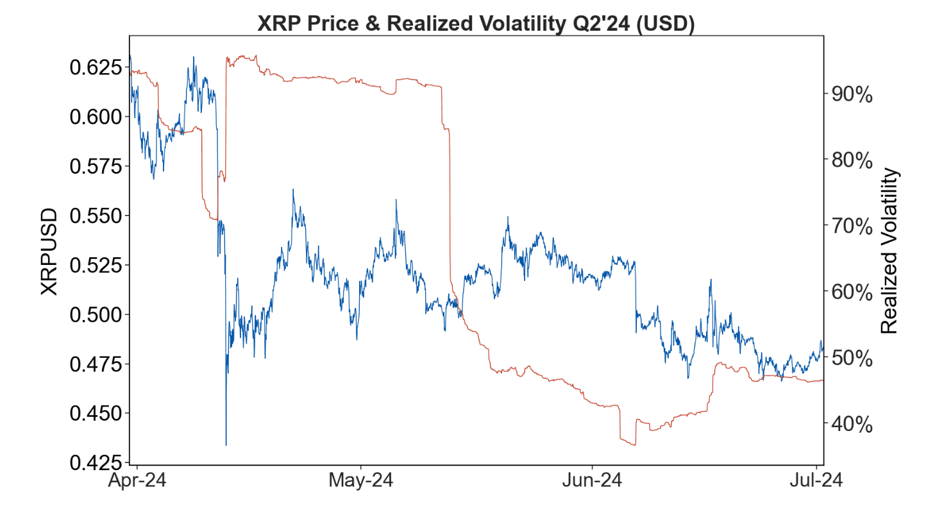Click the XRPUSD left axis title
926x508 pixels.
tap(49, 251)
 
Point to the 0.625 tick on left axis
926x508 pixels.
tap(94, 67)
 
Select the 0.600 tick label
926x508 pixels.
tap(94, 116)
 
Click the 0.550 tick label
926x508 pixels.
tap(94, 216)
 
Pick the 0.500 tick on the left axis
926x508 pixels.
tap(94, 314)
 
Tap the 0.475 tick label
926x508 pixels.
tap(94, 364)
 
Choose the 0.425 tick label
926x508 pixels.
tap(94, 462)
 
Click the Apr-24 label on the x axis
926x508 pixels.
tap(139, 480)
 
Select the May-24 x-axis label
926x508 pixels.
tap(361, 480)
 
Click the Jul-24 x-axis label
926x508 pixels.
tap(815, 480)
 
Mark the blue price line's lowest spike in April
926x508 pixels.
tap(226, 444)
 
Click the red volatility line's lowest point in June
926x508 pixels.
tap(634, 444)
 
